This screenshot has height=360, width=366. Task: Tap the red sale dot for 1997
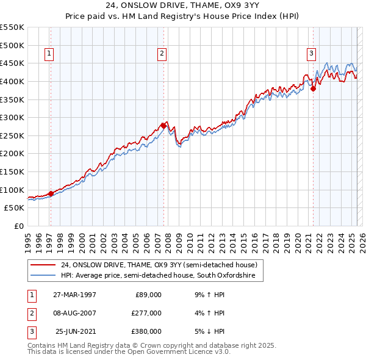pyautogui.click(x=51, y=194)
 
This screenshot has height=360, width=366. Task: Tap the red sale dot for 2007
pyautogui.click(x=164, y=126)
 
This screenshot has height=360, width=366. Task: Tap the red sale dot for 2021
pyautogui.click(x=314, y=88)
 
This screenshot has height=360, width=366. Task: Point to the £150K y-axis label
pyautogui.click(x=13, y=171)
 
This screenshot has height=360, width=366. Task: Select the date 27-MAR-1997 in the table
pyautogui.click(x=74, y=295)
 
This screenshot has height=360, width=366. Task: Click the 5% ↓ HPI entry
pyautogui.click(x=209, y=331)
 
